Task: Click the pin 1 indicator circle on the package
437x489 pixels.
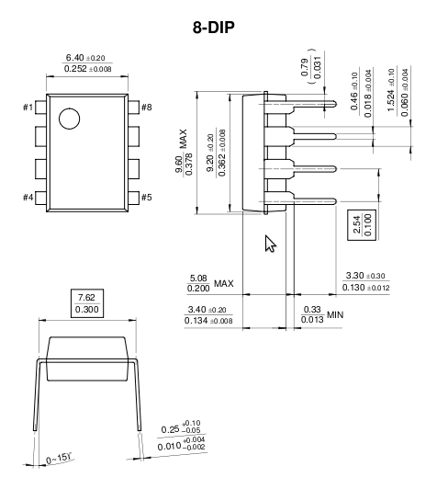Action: click(69, 119)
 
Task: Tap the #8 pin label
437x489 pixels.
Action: click(147, 108)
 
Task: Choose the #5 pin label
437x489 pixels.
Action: click(147, 198)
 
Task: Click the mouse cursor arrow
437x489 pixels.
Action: click(270, 244)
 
